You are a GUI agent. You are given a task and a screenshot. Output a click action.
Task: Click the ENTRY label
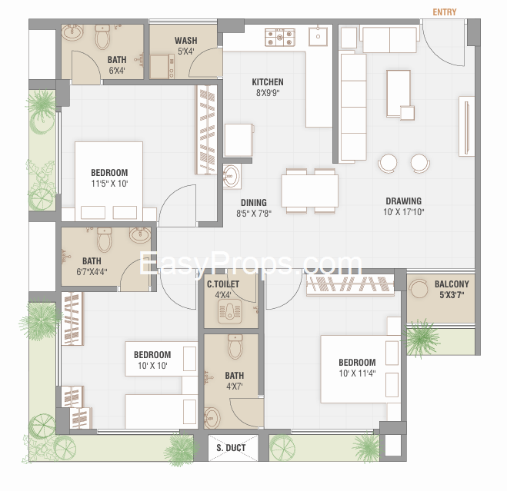pos(445,12)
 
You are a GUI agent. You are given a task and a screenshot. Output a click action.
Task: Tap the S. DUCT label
pos(232,448)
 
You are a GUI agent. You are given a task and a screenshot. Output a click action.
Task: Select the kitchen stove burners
pos(280,37)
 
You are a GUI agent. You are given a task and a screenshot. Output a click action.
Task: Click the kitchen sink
pos(318,36)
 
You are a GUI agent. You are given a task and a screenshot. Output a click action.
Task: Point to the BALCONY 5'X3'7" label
pos(452,289)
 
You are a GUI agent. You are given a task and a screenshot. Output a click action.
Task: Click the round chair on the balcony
pos(419,288)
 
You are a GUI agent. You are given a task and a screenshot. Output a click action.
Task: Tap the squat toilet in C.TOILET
pos(229,311)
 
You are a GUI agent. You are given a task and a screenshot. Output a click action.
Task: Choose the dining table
pos(310,191)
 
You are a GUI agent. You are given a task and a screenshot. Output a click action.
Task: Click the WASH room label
pos(186,41)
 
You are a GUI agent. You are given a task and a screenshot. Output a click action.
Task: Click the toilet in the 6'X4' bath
pos(102,36)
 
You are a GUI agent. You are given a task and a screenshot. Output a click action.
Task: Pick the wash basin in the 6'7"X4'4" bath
pos(140,234)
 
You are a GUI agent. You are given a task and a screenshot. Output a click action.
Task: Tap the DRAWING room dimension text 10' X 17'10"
pos(404,212)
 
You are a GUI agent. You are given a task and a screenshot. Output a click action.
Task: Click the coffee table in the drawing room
pos(399,93)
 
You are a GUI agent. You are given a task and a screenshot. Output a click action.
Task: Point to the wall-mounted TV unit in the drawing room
pos(466,126)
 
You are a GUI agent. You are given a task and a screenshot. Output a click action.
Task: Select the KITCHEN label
pos(268,82)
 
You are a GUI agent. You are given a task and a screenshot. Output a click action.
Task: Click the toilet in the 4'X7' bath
pos(235,347)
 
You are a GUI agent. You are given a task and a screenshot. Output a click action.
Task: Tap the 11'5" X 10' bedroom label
pos(109,178)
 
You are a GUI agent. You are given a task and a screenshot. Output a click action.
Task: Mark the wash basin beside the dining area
pos(232,177)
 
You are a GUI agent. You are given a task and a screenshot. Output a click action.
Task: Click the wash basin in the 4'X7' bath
pos(212,417)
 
